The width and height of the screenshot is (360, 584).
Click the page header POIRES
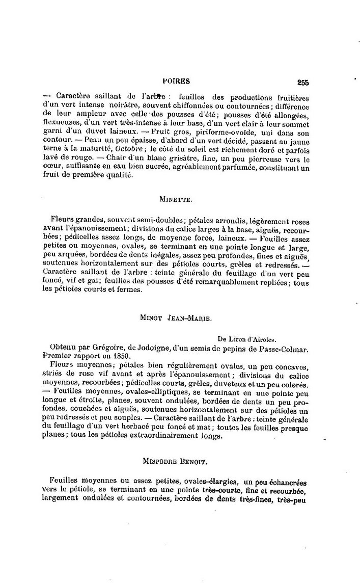point(176,81)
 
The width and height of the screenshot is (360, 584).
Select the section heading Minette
point(176,200)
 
